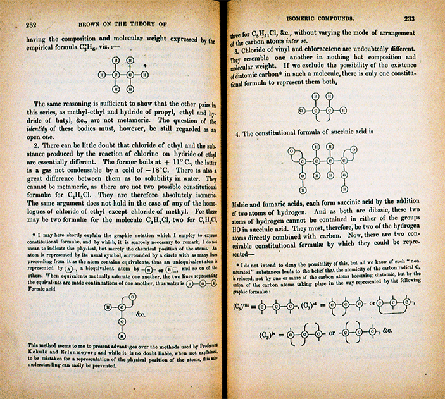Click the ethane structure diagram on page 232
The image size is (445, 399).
[123, 74]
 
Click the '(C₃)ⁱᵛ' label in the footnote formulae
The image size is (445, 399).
[268, 333]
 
